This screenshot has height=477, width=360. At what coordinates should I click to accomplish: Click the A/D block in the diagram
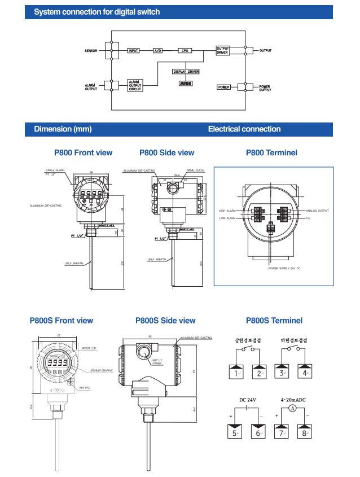(x=158, y=51)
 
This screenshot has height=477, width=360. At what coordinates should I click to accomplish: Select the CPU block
(x=185, y=51)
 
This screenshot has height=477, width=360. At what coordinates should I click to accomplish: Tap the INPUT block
(x=133, y=51)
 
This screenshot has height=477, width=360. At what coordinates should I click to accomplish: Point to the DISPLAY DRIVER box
(x=186, y=72)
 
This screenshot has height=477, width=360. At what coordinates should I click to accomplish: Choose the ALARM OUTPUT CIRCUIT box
(x=135, y=85)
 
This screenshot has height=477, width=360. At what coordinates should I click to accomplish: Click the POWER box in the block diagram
(x=223, y=87)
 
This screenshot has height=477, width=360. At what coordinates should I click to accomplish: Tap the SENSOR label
(x=91, y=51)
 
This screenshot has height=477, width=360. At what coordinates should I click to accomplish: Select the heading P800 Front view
(x=83, y=152)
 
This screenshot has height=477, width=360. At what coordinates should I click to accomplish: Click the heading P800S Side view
(x=165, y=321)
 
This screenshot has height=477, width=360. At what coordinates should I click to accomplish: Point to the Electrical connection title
(x=244, y=129)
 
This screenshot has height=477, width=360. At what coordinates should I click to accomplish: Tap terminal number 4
(x=305, y=373)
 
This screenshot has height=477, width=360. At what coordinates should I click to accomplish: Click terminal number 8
(x=305, y=433)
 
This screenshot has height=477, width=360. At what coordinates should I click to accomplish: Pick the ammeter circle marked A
(x=292, y=408)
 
